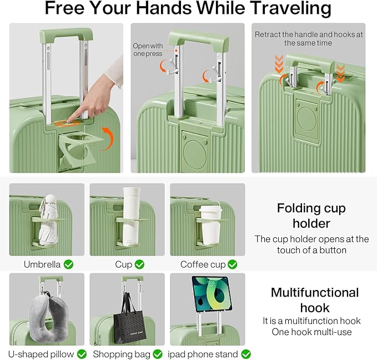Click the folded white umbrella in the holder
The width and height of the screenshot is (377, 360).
tap(49, 219)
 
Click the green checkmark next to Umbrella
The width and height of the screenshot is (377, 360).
tap(68, 264)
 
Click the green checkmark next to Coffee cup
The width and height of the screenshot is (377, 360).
tap(232, 264)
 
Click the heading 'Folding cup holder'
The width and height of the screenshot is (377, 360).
tap(311, 216)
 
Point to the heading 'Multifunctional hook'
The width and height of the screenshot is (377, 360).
tap(314, 299)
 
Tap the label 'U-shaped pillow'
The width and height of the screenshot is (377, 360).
tap(41, 354)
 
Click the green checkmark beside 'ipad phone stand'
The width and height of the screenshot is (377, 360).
tap(245, 354)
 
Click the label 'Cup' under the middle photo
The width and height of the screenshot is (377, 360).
tap(123, 264)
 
